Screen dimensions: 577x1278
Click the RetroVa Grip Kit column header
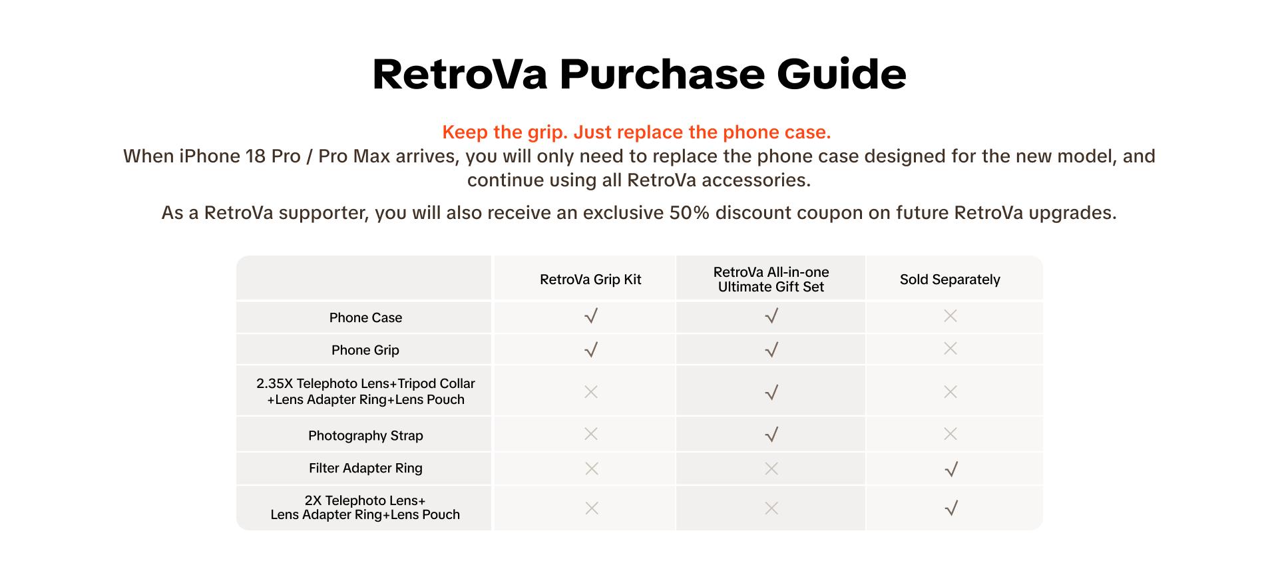pyautogui.click(x=590, y=280)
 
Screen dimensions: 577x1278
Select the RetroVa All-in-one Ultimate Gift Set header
pyautogui.click(x=771, y=280)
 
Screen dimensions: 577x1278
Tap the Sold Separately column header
pyautogui.click(x=950, y=280)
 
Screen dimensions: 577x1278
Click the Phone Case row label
pyautogui.click(x=365, y=317)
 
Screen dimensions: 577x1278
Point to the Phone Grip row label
pyautogui.click(x=365, y=350)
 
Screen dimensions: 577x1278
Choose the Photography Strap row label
pyautogui.click(x=365, y=435)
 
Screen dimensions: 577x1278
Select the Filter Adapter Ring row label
pyautogui.click(x=365, y=468)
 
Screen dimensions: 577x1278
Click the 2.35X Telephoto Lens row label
pyautogui.click(x=365, y=391)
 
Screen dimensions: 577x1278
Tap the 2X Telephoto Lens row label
pyautogui.click(x=365, y=507)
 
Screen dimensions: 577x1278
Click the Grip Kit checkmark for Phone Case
pyautogui.click(x=590, y=316)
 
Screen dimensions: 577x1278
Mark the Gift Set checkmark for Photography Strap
pyautogui.click(x=771, y=435)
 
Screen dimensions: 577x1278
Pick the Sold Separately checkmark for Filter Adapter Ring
pyautogui.click(x=951, y=469)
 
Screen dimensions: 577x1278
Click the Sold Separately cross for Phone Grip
pyautogui.click(x=951, y=349)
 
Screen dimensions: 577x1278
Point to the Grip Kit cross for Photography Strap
pyautogui.click(x=590, y=434)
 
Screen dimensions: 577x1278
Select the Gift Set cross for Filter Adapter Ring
pyautogui.click(x=771, y=469)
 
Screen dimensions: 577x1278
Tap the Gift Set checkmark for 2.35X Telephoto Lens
pyautogui.click(x=771, y=393)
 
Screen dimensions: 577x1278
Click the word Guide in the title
pyautogui.click(x=841, y=74)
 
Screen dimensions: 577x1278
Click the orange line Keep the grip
pyautogui.click(x=636, y=132)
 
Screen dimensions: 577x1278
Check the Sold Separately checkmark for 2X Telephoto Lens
pyautogui.click(x=951, y=508)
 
